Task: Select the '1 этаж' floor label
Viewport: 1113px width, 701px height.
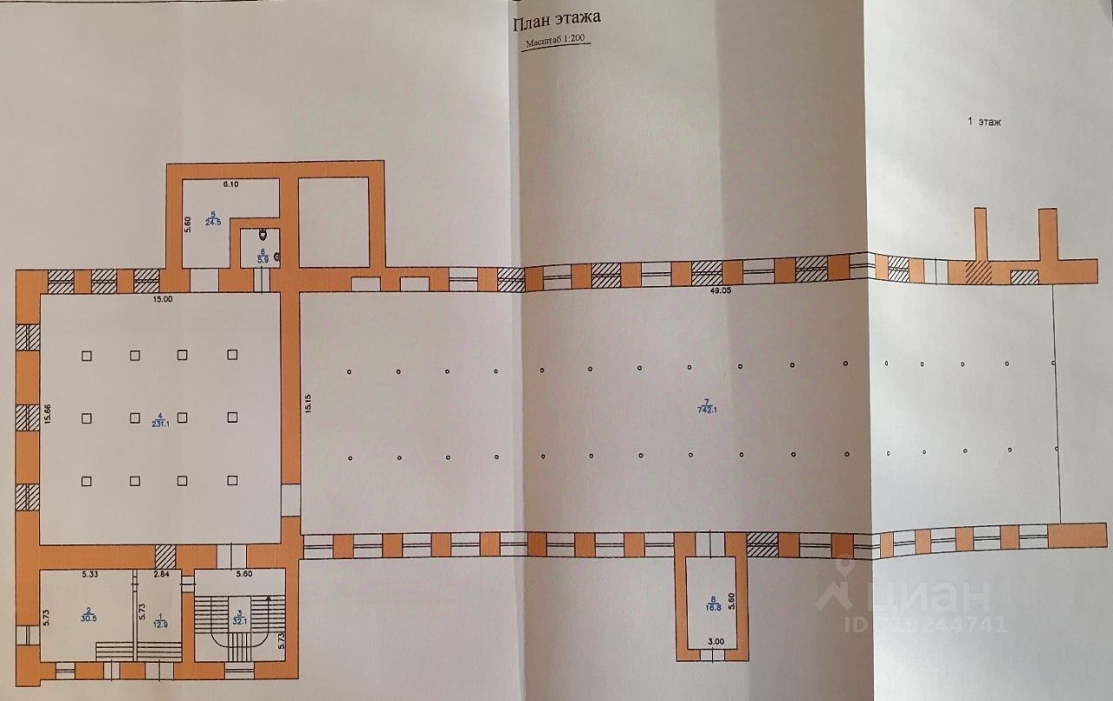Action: click(984, 123)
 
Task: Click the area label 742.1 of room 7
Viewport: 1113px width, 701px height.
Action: click(706, 410)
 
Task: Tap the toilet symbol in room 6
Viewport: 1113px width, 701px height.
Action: click(263, 234)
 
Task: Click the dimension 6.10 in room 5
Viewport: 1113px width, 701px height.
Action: click(230, 184)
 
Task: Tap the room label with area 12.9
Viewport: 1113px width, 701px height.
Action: click(157, 620)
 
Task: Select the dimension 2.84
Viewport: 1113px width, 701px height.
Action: click(161, 575)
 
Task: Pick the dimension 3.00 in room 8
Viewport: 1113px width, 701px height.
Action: click(714, 643)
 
